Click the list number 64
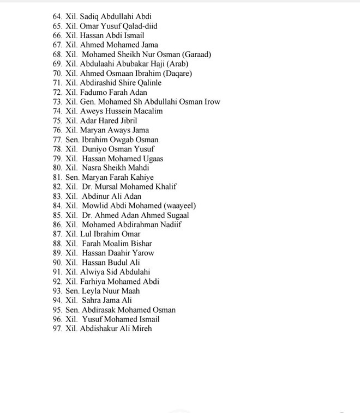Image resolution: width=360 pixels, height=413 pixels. coord(57,16)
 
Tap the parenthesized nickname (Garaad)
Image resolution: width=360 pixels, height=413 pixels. coord(192,54)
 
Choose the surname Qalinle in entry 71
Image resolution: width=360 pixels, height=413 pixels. coord(147,83)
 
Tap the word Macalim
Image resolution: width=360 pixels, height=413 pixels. coord(148,111)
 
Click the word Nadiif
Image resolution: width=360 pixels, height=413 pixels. coord(169,224)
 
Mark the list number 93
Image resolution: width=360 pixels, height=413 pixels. coord(57,291)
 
